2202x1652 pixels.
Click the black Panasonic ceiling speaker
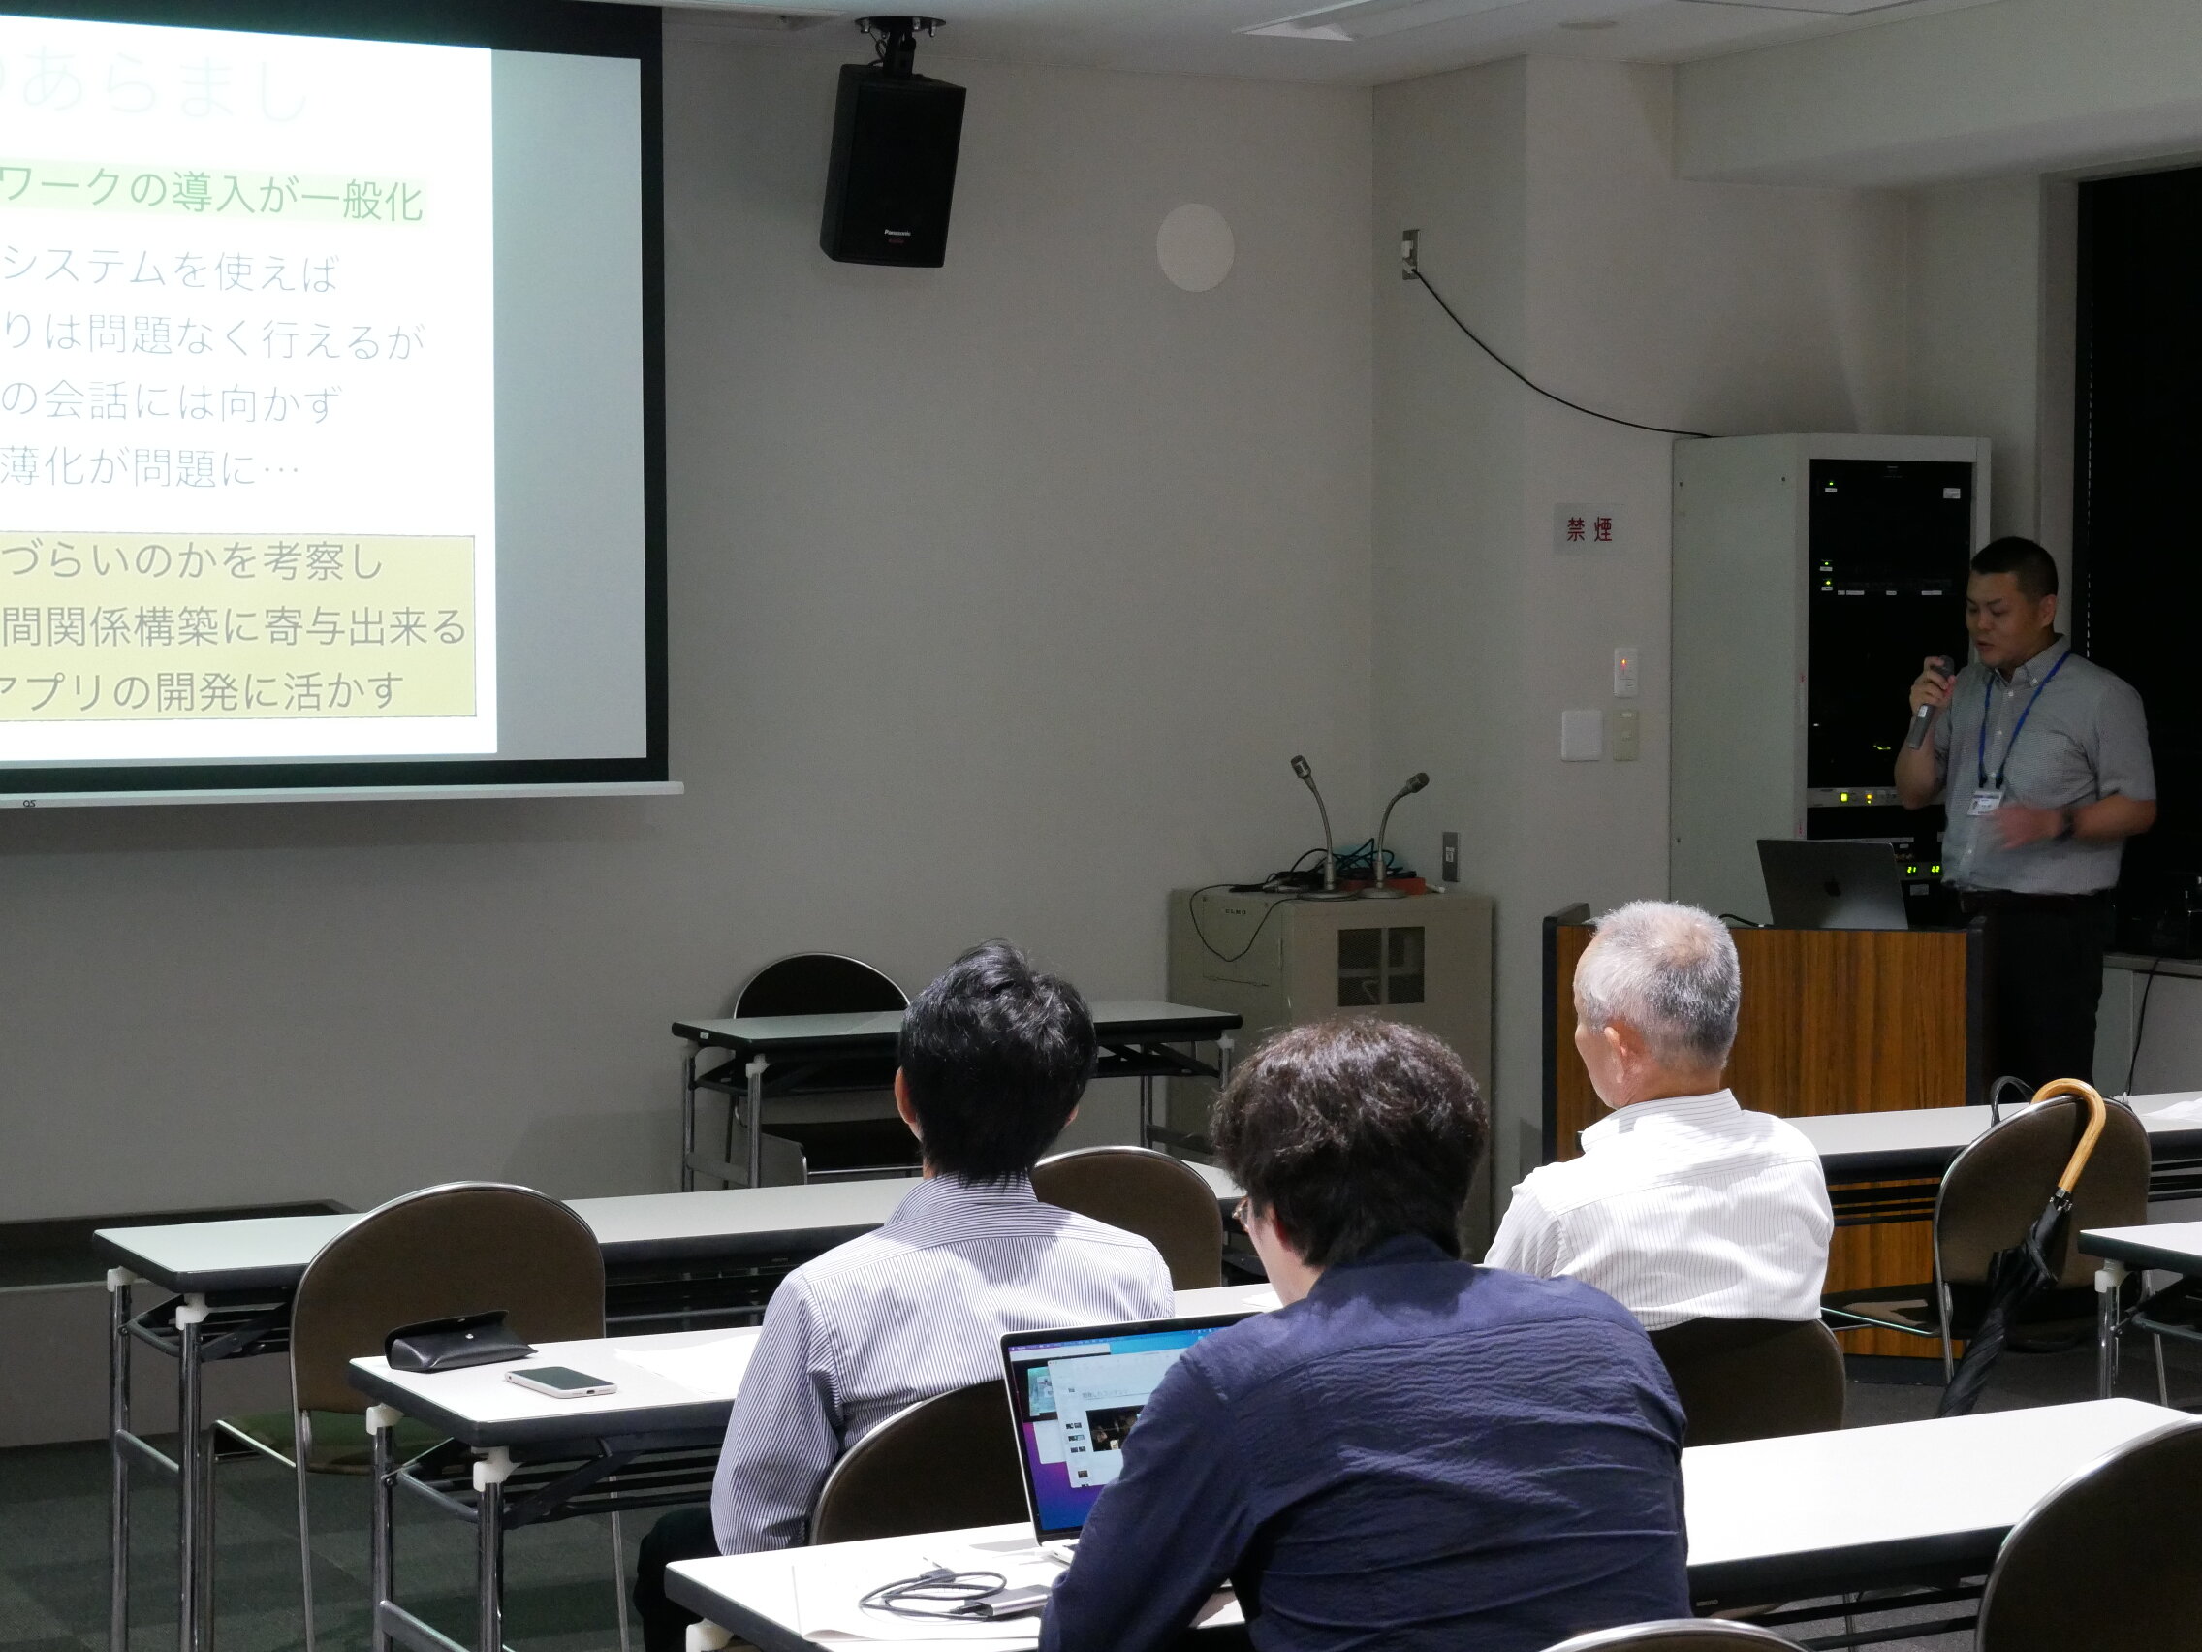pyautogui.click(x=891, y=164)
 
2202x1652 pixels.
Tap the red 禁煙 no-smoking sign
pyautogui.click(x=1589, y=528)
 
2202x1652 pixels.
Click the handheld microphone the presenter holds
pyautogui.click(x=1929, y=703)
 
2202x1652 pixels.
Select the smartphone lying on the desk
pyautogui.click(x=560, y=1382)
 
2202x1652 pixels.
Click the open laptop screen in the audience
pyautogui.click(x=1095, y=1414)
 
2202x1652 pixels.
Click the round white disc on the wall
pyautogui.click(x=1195, y=248)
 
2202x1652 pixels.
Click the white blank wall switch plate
pyautogui.click(x=1580, y=735)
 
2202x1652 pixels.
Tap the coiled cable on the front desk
pyautogui.click(x=930, y=1590)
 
